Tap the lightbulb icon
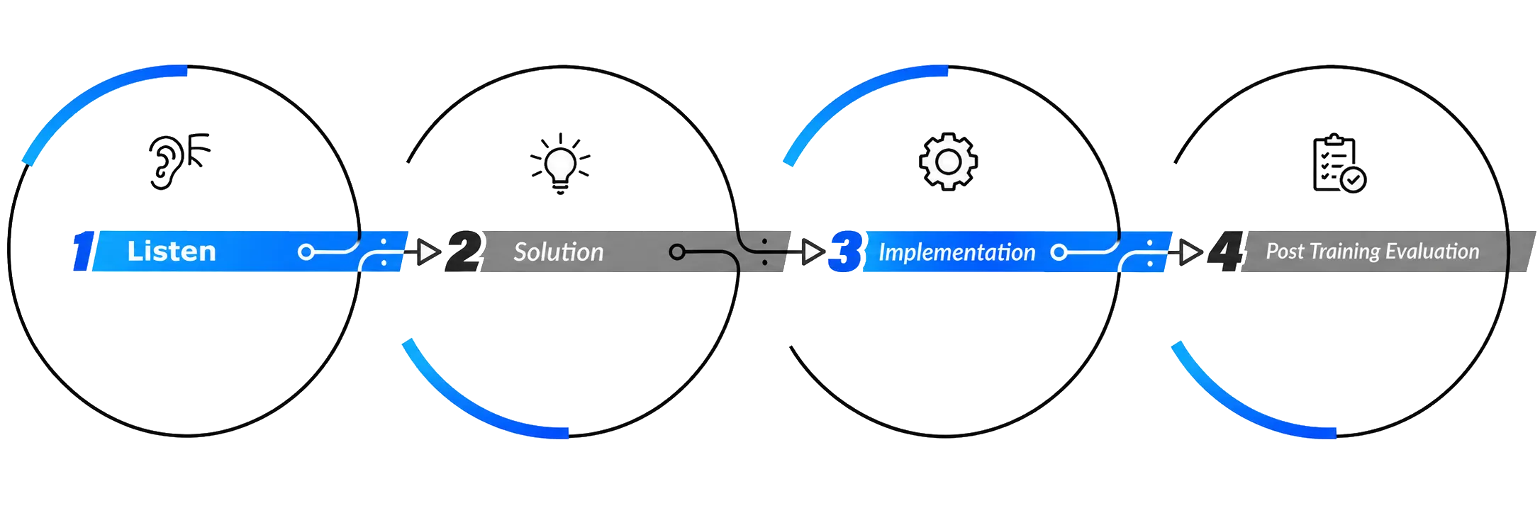[560, 163]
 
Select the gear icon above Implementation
[948, 162]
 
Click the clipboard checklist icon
[1339, 164]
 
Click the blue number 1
[84, 251]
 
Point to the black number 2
[464, 251]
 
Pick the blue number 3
[845, 251]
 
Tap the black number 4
[1227, 251]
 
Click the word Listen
[172, 252]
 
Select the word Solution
[559, 252]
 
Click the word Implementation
[956, 252]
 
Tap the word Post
[1285, 252]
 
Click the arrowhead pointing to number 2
[429, 252]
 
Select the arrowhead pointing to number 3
[813, 252]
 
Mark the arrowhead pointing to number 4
[1191, 252]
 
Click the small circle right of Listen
[306, 252]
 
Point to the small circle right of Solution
[677, 252]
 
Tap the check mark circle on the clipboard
[1354, 180]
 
